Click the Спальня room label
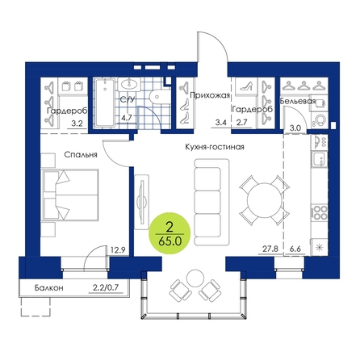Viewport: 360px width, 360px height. click(x=81, y=155)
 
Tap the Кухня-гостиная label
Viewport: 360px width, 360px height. click(x=215, y=147)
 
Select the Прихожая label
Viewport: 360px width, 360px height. click(x=210, y=95)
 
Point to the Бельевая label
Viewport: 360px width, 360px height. click(x=298, y=101)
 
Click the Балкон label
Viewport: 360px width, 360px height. click(x=49, y=287)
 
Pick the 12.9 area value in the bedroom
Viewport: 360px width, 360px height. click(x=118, y=250)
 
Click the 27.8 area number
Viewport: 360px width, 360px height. click(x=270, y=249)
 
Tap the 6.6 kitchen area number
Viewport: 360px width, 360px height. click(x=295, y=249)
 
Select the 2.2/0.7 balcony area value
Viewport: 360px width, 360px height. click(x=106, y=287)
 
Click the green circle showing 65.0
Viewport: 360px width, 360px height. click(x=170, y=233)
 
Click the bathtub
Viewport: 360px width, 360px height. click(x=105, y=103)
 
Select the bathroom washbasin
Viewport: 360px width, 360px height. click(x=129, y=84)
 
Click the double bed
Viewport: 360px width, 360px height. click(x=69, y=195)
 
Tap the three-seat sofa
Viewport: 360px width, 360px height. click(x=211, y=202)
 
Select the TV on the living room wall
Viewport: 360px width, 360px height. click(x=142, y=202)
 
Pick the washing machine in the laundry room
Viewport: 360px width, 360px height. click(x=319, y=119)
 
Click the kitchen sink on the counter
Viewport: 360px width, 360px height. click(x=320, y=160)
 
